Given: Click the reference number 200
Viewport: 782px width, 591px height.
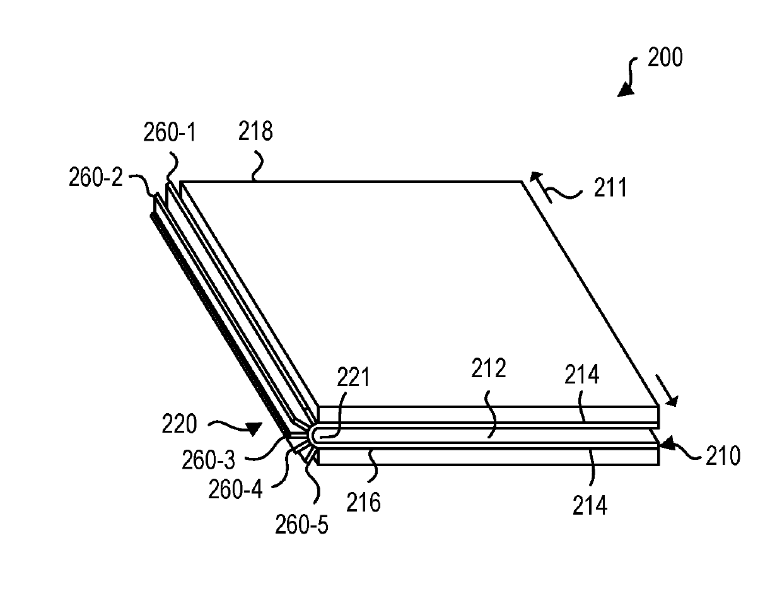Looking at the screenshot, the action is click(665, 57).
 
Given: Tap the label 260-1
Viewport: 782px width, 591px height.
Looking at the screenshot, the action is click(170, 132).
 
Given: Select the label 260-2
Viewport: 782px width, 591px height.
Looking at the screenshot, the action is click(96, 177).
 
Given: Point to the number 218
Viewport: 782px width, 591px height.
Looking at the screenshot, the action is click(255, 131).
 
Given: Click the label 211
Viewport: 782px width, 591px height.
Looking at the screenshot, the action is click(610, 187).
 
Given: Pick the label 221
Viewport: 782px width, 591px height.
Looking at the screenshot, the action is click(353, 377).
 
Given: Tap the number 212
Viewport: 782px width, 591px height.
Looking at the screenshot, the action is click(489, 368).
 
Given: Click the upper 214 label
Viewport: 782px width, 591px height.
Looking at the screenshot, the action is click(582, 374).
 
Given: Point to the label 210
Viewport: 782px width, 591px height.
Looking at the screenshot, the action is click(723, 455).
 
